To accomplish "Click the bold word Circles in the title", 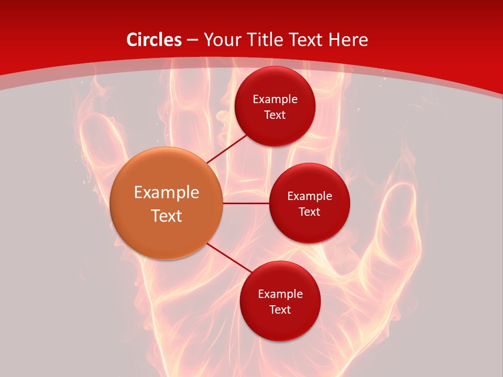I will click(x=154, y=40).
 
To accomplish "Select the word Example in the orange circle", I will click(x=167, y=193).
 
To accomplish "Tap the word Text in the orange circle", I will click(x=167, y=216).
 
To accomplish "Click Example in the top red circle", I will click(x=275, y=99).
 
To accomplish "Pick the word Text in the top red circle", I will click(x=275, y=115).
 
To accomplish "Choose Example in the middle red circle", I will click(x=310, y=196).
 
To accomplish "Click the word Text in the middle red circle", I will click(x=310, y=212).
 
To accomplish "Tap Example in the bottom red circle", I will click(x=280, y=294).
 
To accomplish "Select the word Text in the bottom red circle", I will click(x=280, y=309).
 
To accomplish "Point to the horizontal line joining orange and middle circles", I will click(x=246, y=203).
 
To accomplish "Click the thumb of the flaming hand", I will click(x=401, y=220).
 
